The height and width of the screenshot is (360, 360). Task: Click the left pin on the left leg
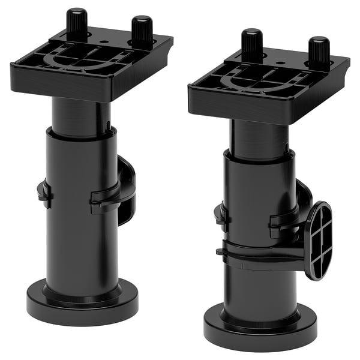tap(76, 23)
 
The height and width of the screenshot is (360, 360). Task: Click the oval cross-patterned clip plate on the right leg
tap(317, 240)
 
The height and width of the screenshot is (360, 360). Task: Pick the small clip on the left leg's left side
tap(44, 193)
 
